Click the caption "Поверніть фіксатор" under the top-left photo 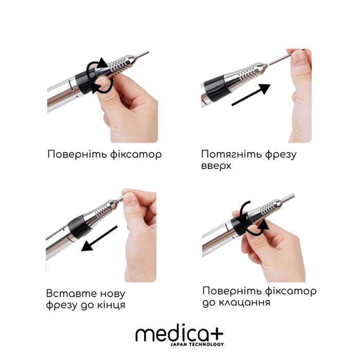104,154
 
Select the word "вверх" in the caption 217,167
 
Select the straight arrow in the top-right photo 250,96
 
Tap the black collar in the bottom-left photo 74,224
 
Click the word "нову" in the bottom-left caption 110,294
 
